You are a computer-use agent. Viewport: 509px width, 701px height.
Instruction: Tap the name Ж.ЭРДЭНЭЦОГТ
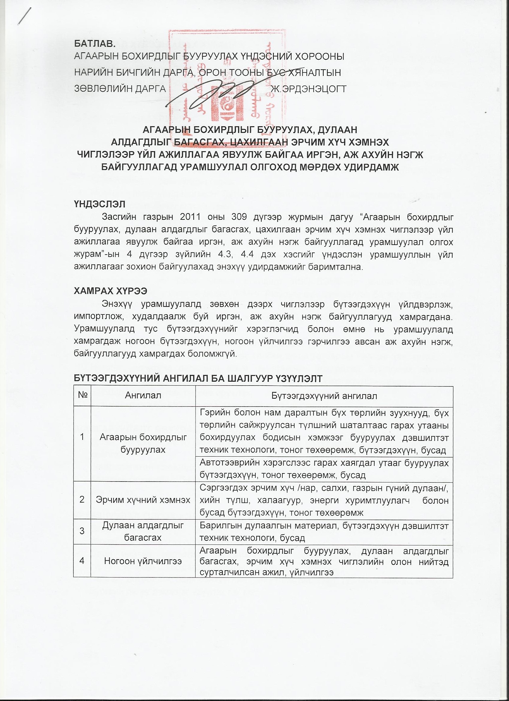click(x=308, y=89)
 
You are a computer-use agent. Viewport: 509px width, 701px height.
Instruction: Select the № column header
click(x=82, y=396)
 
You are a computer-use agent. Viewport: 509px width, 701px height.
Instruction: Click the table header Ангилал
click(x=143, y=396)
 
